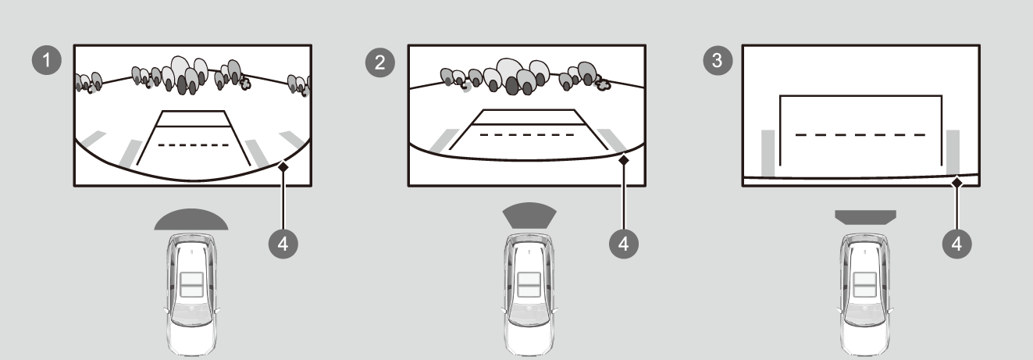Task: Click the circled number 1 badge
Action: (x=47, y=60)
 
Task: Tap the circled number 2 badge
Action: (x=380, y=62)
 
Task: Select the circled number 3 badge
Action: (x=718, y=60)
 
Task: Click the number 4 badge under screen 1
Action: (x=283, y=244)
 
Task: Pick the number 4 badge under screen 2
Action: (x=624, y=244)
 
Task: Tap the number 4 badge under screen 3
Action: (x=957, y=244)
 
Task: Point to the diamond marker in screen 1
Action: (x=283, y=167)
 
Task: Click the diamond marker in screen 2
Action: (x=624, y=160)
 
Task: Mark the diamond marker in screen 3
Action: (x=957, y=183)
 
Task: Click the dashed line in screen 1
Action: (x=193, y=145)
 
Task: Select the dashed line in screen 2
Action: (x=527, y=135)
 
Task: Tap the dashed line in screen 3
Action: (x=860, y=135)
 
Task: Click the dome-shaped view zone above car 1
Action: (x=191, y=220)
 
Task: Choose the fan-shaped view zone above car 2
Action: (x=529, y=216)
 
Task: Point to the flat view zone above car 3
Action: (x=866, y=217)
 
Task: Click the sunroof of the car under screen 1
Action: (x=191, y=284)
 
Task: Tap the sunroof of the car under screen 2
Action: (x=529, y=284)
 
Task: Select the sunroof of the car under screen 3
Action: (x=864, y=284)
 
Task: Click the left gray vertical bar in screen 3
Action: (x=768, y=153)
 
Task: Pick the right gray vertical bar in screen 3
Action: (x=953, y=152)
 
